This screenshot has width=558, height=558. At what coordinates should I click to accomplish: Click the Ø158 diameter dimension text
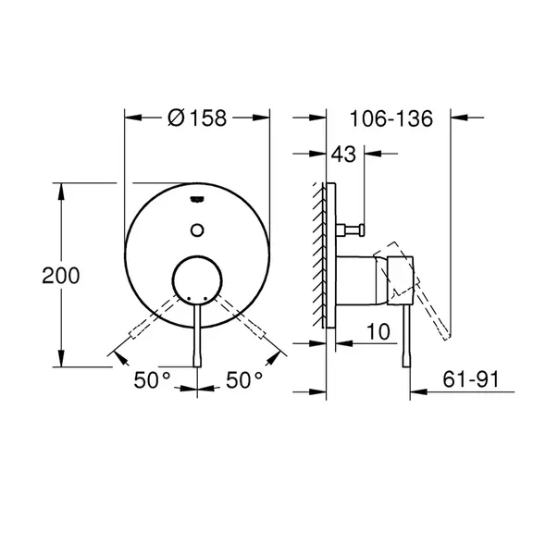click(x=196, y=118)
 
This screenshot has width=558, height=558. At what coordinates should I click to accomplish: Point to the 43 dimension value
click(x=343, y=155)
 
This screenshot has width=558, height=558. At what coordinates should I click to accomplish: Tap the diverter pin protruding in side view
click(x=352, y=228)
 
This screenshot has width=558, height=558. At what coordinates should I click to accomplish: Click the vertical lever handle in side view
click(x=404, y=342)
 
